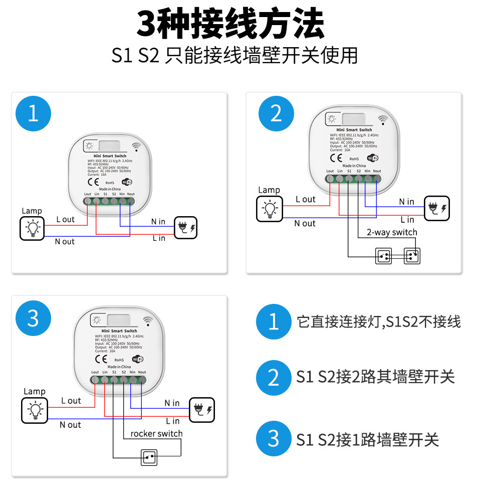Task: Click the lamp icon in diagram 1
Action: [32, 228]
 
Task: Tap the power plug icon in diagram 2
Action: [436, 208]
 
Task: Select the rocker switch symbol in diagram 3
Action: [149, 457]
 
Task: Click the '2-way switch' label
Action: [391, 232]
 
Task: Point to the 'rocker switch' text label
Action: [156, 433]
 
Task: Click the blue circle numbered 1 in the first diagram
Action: [33, 114]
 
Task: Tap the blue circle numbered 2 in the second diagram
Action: [276, 114]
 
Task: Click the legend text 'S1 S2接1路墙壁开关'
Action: [367, 440]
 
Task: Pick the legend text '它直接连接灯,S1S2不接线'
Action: [378, 321]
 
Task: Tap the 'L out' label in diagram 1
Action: [65, 219]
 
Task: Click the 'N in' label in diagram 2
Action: [406, 202]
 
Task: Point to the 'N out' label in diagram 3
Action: [70, 425]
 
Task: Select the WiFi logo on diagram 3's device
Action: [137, 359]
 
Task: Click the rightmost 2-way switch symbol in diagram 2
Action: [412, 256]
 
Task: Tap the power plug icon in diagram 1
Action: [185, 228]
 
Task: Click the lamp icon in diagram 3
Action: [35, 410]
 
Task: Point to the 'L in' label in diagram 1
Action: [158, 238]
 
